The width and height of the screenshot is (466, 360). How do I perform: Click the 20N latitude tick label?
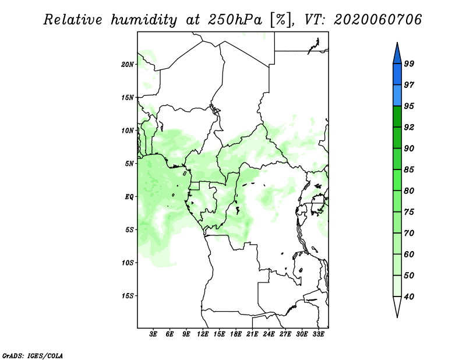point(128,65)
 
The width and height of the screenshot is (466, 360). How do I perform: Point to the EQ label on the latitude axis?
point(129,197)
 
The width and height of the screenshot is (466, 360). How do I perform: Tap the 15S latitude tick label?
point(128,296)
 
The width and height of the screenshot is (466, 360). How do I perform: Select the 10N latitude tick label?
point(128,130)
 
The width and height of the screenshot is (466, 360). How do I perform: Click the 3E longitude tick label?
point(153,334)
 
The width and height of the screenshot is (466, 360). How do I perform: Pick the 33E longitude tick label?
point(318,334)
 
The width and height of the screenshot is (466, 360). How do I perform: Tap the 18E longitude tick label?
point(236,334)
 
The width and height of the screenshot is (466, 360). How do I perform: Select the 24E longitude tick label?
point(269,334)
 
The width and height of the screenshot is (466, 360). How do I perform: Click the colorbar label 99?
point(409,63)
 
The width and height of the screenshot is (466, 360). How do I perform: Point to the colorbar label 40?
point(409,297)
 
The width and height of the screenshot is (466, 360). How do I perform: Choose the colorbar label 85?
point(409,170)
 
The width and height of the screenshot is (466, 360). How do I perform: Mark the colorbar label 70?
point(409,233)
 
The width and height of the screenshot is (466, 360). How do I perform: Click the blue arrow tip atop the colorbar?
point(397,43)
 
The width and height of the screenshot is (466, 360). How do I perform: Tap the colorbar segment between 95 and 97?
point(397,96)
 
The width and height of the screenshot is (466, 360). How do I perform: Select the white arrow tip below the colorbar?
point(397,317)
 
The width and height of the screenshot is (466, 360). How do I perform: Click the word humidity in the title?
point(144,20)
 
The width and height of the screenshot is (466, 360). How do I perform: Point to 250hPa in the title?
point(235,20)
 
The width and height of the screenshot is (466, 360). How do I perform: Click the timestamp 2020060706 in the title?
point(377,20)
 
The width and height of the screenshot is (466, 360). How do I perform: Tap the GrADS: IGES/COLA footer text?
point(33,355)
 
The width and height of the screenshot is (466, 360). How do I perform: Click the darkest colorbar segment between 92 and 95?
point(397,117)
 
